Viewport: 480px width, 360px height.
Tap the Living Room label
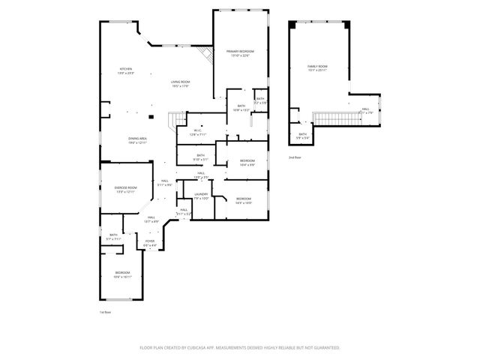[179, 84]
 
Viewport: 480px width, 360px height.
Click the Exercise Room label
[125, 189]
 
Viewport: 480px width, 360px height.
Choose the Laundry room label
[200, 196]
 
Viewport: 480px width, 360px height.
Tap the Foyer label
[150, 242]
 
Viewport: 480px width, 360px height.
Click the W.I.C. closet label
[197, 133]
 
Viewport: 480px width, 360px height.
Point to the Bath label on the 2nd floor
[302, 136]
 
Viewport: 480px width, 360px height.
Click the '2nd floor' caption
[294, 157]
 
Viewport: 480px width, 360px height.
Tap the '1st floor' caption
[105, 311]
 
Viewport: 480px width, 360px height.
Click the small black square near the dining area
[151, 117]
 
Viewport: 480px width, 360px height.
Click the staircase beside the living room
[176, 118]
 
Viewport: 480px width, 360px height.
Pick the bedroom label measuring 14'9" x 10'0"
[243, 200]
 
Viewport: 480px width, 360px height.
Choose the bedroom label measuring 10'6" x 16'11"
[122, 274]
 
